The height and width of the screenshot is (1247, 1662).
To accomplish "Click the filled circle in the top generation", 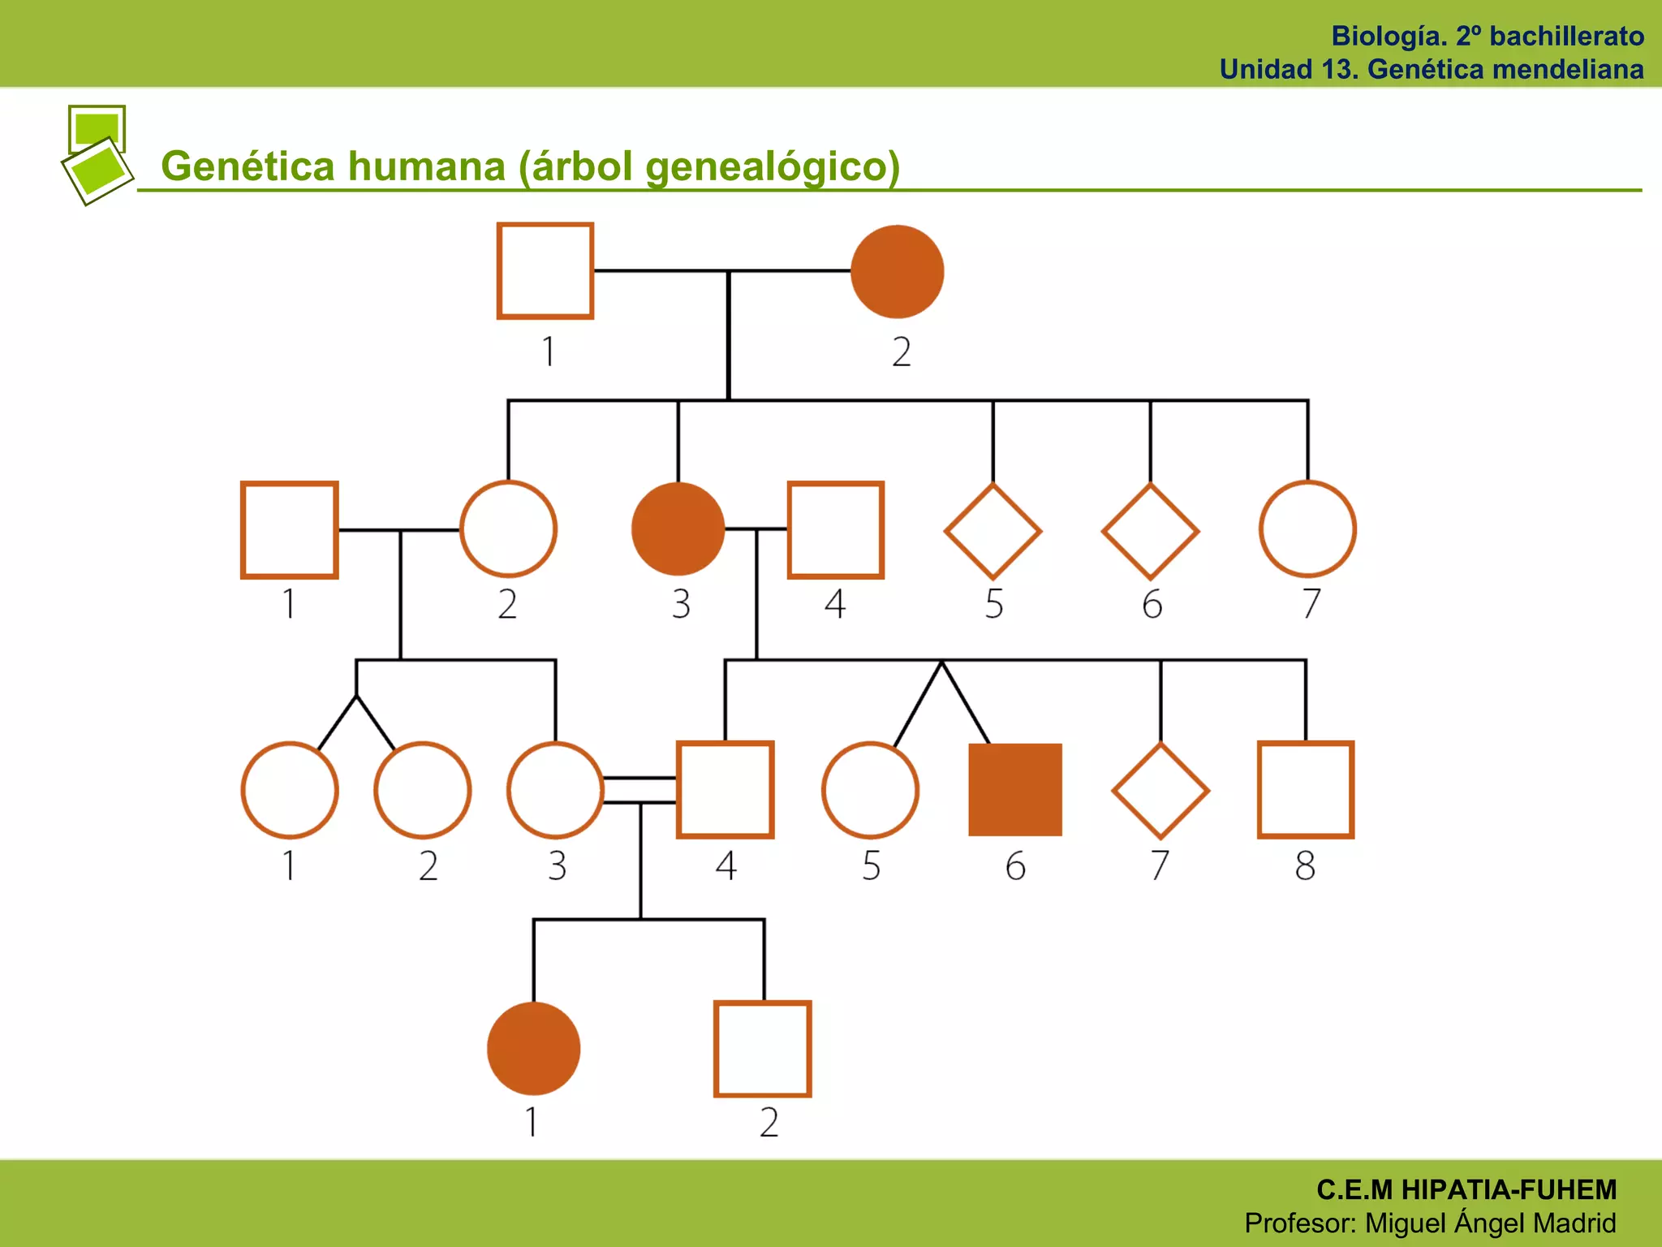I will (x=897, y=271).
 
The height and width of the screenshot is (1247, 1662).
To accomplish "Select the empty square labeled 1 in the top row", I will (x=545, y=271).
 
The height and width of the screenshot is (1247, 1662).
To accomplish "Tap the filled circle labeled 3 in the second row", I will (x=678, y=529).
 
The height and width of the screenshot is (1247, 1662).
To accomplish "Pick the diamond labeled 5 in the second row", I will (x=992, y=531).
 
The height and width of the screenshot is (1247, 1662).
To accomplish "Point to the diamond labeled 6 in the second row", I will (x=1150, y=531).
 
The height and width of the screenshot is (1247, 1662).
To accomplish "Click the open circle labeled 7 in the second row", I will (x=1307, y=529).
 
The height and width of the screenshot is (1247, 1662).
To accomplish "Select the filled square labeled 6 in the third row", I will (x=1015, y=789).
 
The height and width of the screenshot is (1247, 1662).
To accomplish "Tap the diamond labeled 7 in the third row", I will (x=1160, y=790).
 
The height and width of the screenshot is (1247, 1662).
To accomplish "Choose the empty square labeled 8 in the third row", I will (x=1306, y=789).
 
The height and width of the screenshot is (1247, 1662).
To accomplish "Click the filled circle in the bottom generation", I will (x=533, y=1048).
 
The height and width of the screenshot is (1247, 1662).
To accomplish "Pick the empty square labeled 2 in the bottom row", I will (x=763, y=1048).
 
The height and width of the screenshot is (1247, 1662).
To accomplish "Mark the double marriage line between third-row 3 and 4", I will (x=640, y=789).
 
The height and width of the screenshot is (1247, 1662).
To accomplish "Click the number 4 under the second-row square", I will (x=835, y=604).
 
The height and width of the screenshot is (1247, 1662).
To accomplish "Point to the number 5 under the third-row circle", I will (x=871, y=865).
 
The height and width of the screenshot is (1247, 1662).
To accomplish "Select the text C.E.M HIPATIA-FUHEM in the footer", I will (x=1466, y=1189).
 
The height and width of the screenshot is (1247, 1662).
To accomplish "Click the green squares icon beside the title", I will (x=97, y=154).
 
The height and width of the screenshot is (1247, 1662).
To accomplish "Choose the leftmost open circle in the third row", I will (x=290, y=789).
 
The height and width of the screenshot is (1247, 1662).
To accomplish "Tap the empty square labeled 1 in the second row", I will (x=290, y=529).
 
